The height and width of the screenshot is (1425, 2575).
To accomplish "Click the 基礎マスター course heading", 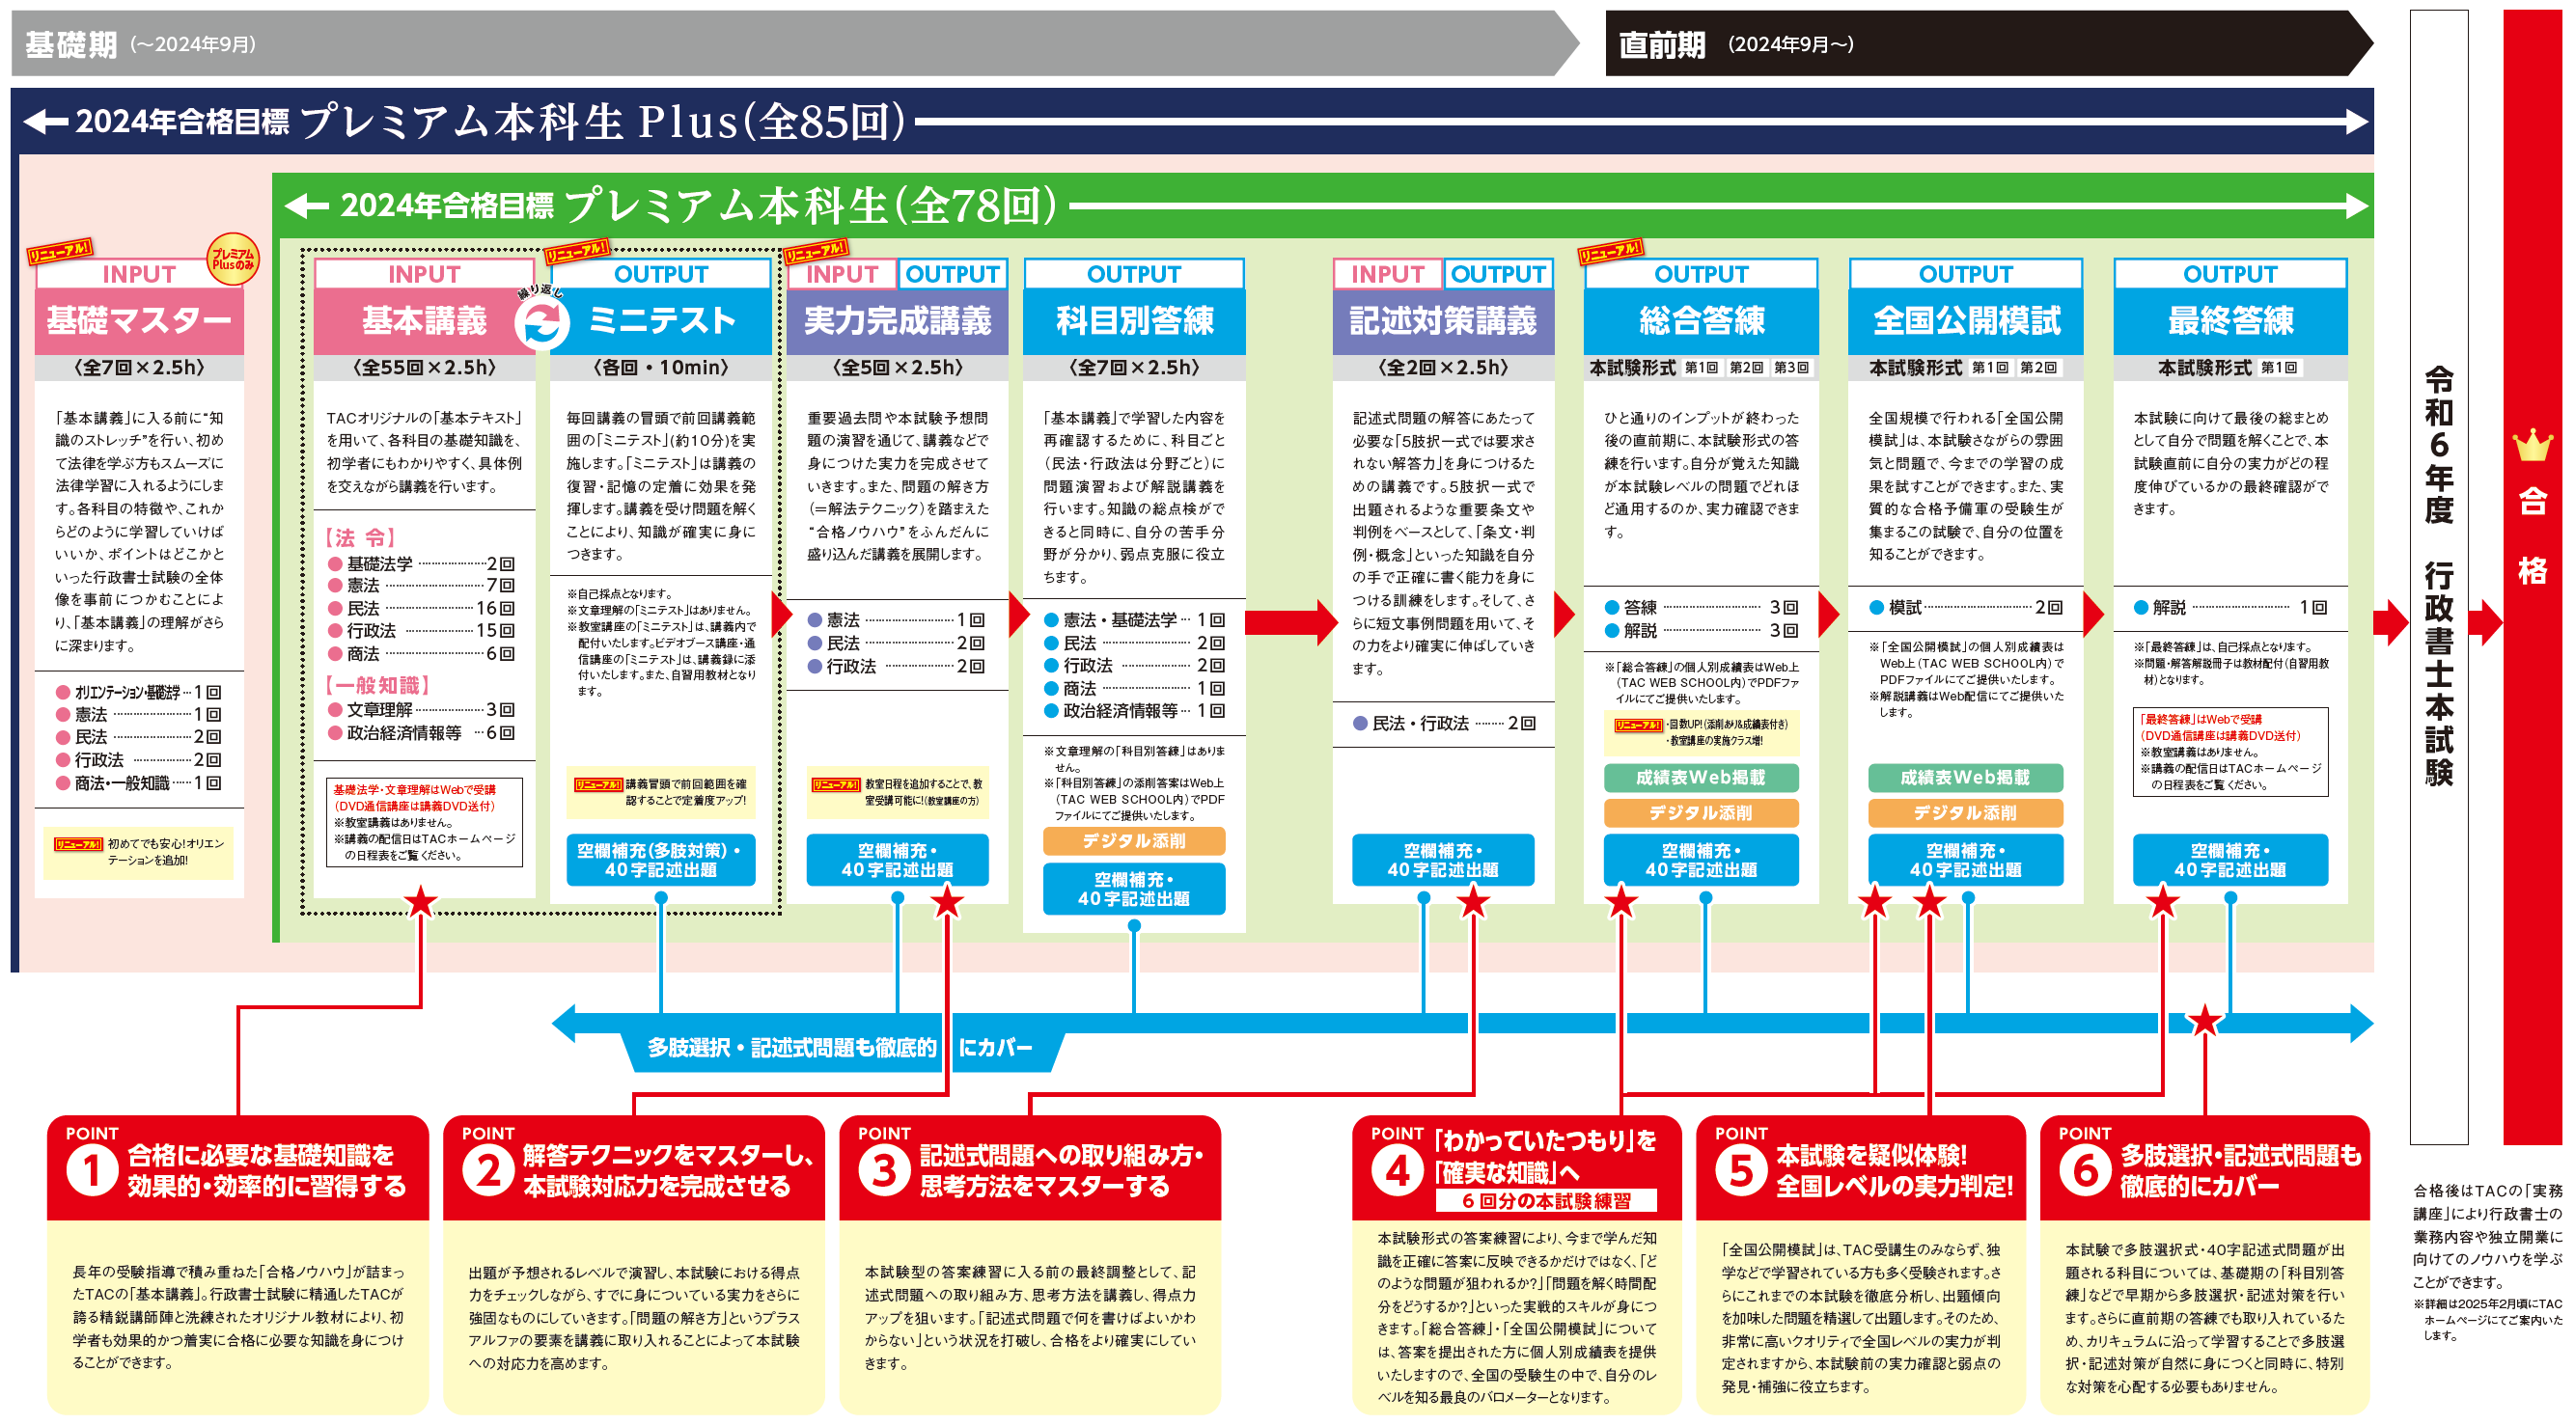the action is coord(139,320).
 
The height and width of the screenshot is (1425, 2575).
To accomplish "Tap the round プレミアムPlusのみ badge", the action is coord(232,260).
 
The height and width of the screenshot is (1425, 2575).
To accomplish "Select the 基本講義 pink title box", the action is coord(424,320).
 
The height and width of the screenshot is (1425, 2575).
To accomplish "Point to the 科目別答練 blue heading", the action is coord(1135,320).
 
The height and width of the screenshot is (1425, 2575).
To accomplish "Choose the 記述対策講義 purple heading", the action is coord(1443,320).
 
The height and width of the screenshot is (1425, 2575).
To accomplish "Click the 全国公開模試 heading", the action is coord(1966,320).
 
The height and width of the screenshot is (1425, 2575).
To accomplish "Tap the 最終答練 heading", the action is coord(2230,320).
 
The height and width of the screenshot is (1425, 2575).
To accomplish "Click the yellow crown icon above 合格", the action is coord(2532,446).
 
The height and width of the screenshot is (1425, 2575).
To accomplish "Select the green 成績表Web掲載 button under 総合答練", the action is coord(1701,778).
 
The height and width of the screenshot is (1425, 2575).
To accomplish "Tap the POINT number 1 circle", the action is coord(92,1170).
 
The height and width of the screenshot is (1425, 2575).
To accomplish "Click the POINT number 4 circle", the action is coord(1398,1170).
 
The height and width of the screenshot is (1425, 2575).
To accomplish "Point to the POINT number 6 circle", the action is coord(2085,1170).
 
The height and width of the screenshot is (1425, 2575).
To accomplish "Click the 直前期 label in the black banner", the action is coord(1661,45).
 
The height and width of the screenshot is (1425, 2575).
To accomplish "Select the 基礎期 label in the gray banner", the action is coord(71,45).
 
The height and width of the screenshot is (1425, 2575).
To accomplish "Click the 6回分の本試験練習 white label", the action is coord(1545,1201).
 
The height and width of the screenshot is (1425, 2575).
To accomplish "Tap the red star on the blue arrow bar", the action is coord(2204,1022).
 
